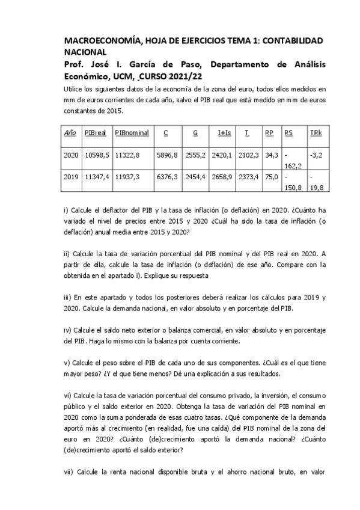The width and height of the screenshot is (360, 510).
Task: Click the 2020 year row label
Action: [72, 155]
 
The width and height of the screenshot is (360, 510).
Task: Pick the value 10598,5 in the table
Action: [97, 155]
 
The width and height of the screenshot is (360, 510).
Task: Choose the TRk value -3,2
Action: [317, 155]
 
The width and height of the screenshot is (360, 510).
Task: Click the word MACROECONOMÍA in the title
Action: [101, 40]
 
